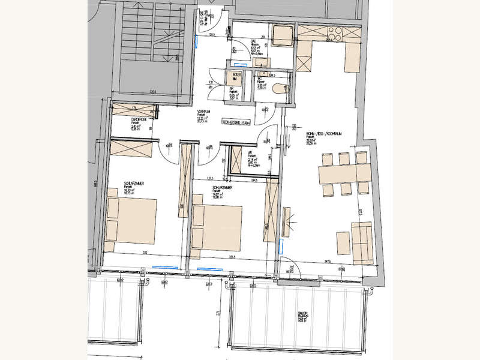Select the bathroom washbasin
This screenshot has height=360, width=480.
click(262, 61)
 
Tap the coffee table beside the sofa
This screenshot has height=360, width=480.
click(342, 242)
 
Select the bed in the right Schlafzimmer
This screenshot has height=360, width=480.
click(217, 227)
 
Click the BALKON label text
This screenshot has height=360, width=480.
click(301, 314)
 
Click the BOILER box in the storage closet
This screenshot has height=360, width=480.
click(235, 78)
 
